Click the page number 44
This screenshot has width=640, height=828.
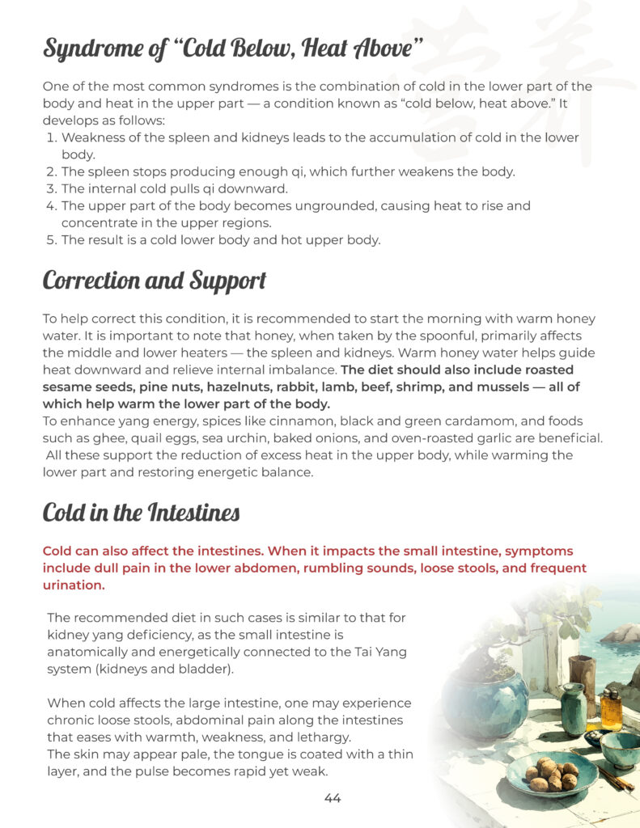(x=333, y=798)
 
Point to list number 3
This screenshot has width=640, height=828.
(x=51, y=188)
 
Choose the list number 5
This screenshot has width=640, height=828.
(x=51, y=239)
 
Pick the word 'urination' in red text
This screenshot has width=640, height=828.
(x=73, y=584)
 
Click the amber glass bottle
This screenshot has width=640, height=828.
(x=611, y=708)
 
